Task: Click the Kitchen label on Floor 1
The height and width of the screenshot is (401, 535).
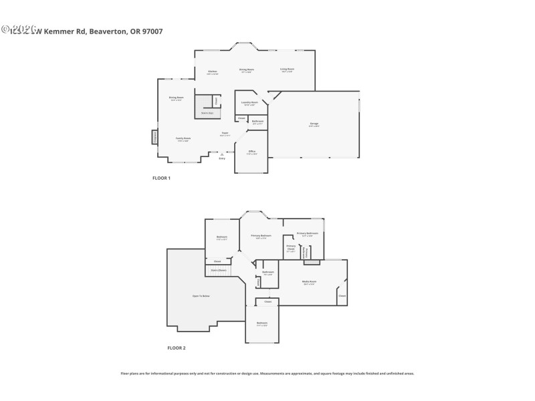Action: (x=212, y=72)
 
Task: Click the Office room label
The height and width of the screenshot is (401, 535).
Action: (x=251, y=152)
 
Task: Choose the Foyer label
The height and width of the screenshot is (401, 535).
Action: (x=225, y=134)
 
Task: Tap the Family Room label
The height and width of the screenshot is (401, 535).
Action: (x=183, y=139)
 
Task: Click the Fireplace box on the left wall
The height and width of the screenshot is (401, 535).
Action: (x=154, y=136)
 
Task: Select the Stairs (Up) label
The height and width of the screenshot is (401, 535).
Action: (x=207, y=113)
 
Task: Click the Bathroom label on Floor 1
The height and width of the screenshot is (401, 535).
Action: (x=257, y=122)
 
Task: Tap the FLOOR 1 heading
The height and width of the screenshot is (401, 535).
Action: (x=162, y=178)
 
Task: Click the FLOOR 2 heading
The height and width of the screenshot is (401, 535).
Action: (x=177, y=348)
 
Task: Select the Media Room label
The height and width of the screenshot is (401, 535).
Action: (x=309, y=282)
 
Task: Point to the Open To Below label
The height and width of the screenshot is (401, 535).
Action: (x=201, y=295)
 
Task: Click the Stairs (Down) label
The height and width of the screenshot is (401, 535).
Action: (x=219, y=271)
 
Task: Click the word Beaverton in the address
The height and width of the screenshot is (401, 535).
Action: (x=105, y=31)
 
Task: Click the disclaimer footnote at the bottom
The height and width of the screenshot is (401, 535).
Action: (x=267, y=374)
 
